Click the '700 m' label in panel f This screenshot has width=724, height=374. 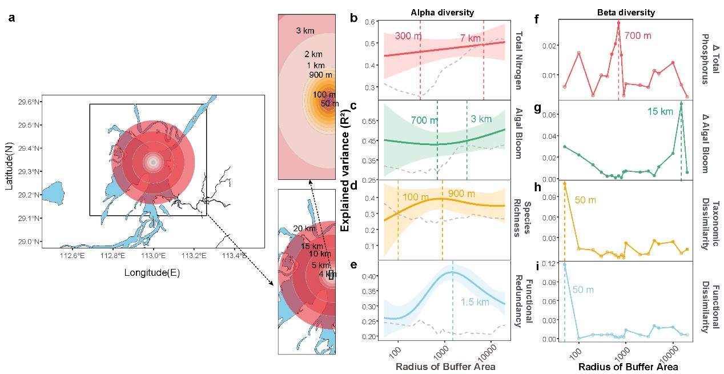pyautogui.click(x=637, y=36)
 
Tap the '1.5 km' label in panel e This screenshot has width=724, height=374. pyautogui.click(x=475, y=302)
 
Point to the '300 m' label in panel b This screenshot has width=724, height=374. pyautogui.click(x=408, y=37)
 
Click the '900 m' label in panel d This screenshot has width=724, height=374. pyautogui.click(x=461, y=194)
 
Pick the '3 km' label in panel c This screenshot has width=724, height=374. pyautogui.click(x=481, y=119)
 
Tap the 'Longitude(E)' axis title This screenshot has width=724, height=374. pyautogui.click(x=152, y=273)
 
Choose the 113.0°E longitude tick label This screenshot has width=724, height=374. pyautogui.click(x=153, y=255)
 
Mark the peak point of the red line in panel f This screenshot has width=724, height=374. pyautogui.click(x=618, y=23)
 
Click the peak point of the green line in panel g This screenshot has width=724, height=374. pyautogui.click(x=681, y=103)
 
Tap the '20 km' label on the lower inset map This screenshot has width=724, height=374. pyautogui.click(x=304, y=229)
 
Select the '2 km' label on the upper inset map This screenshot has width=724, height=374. pyautogui.click(x=313, y=54)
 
